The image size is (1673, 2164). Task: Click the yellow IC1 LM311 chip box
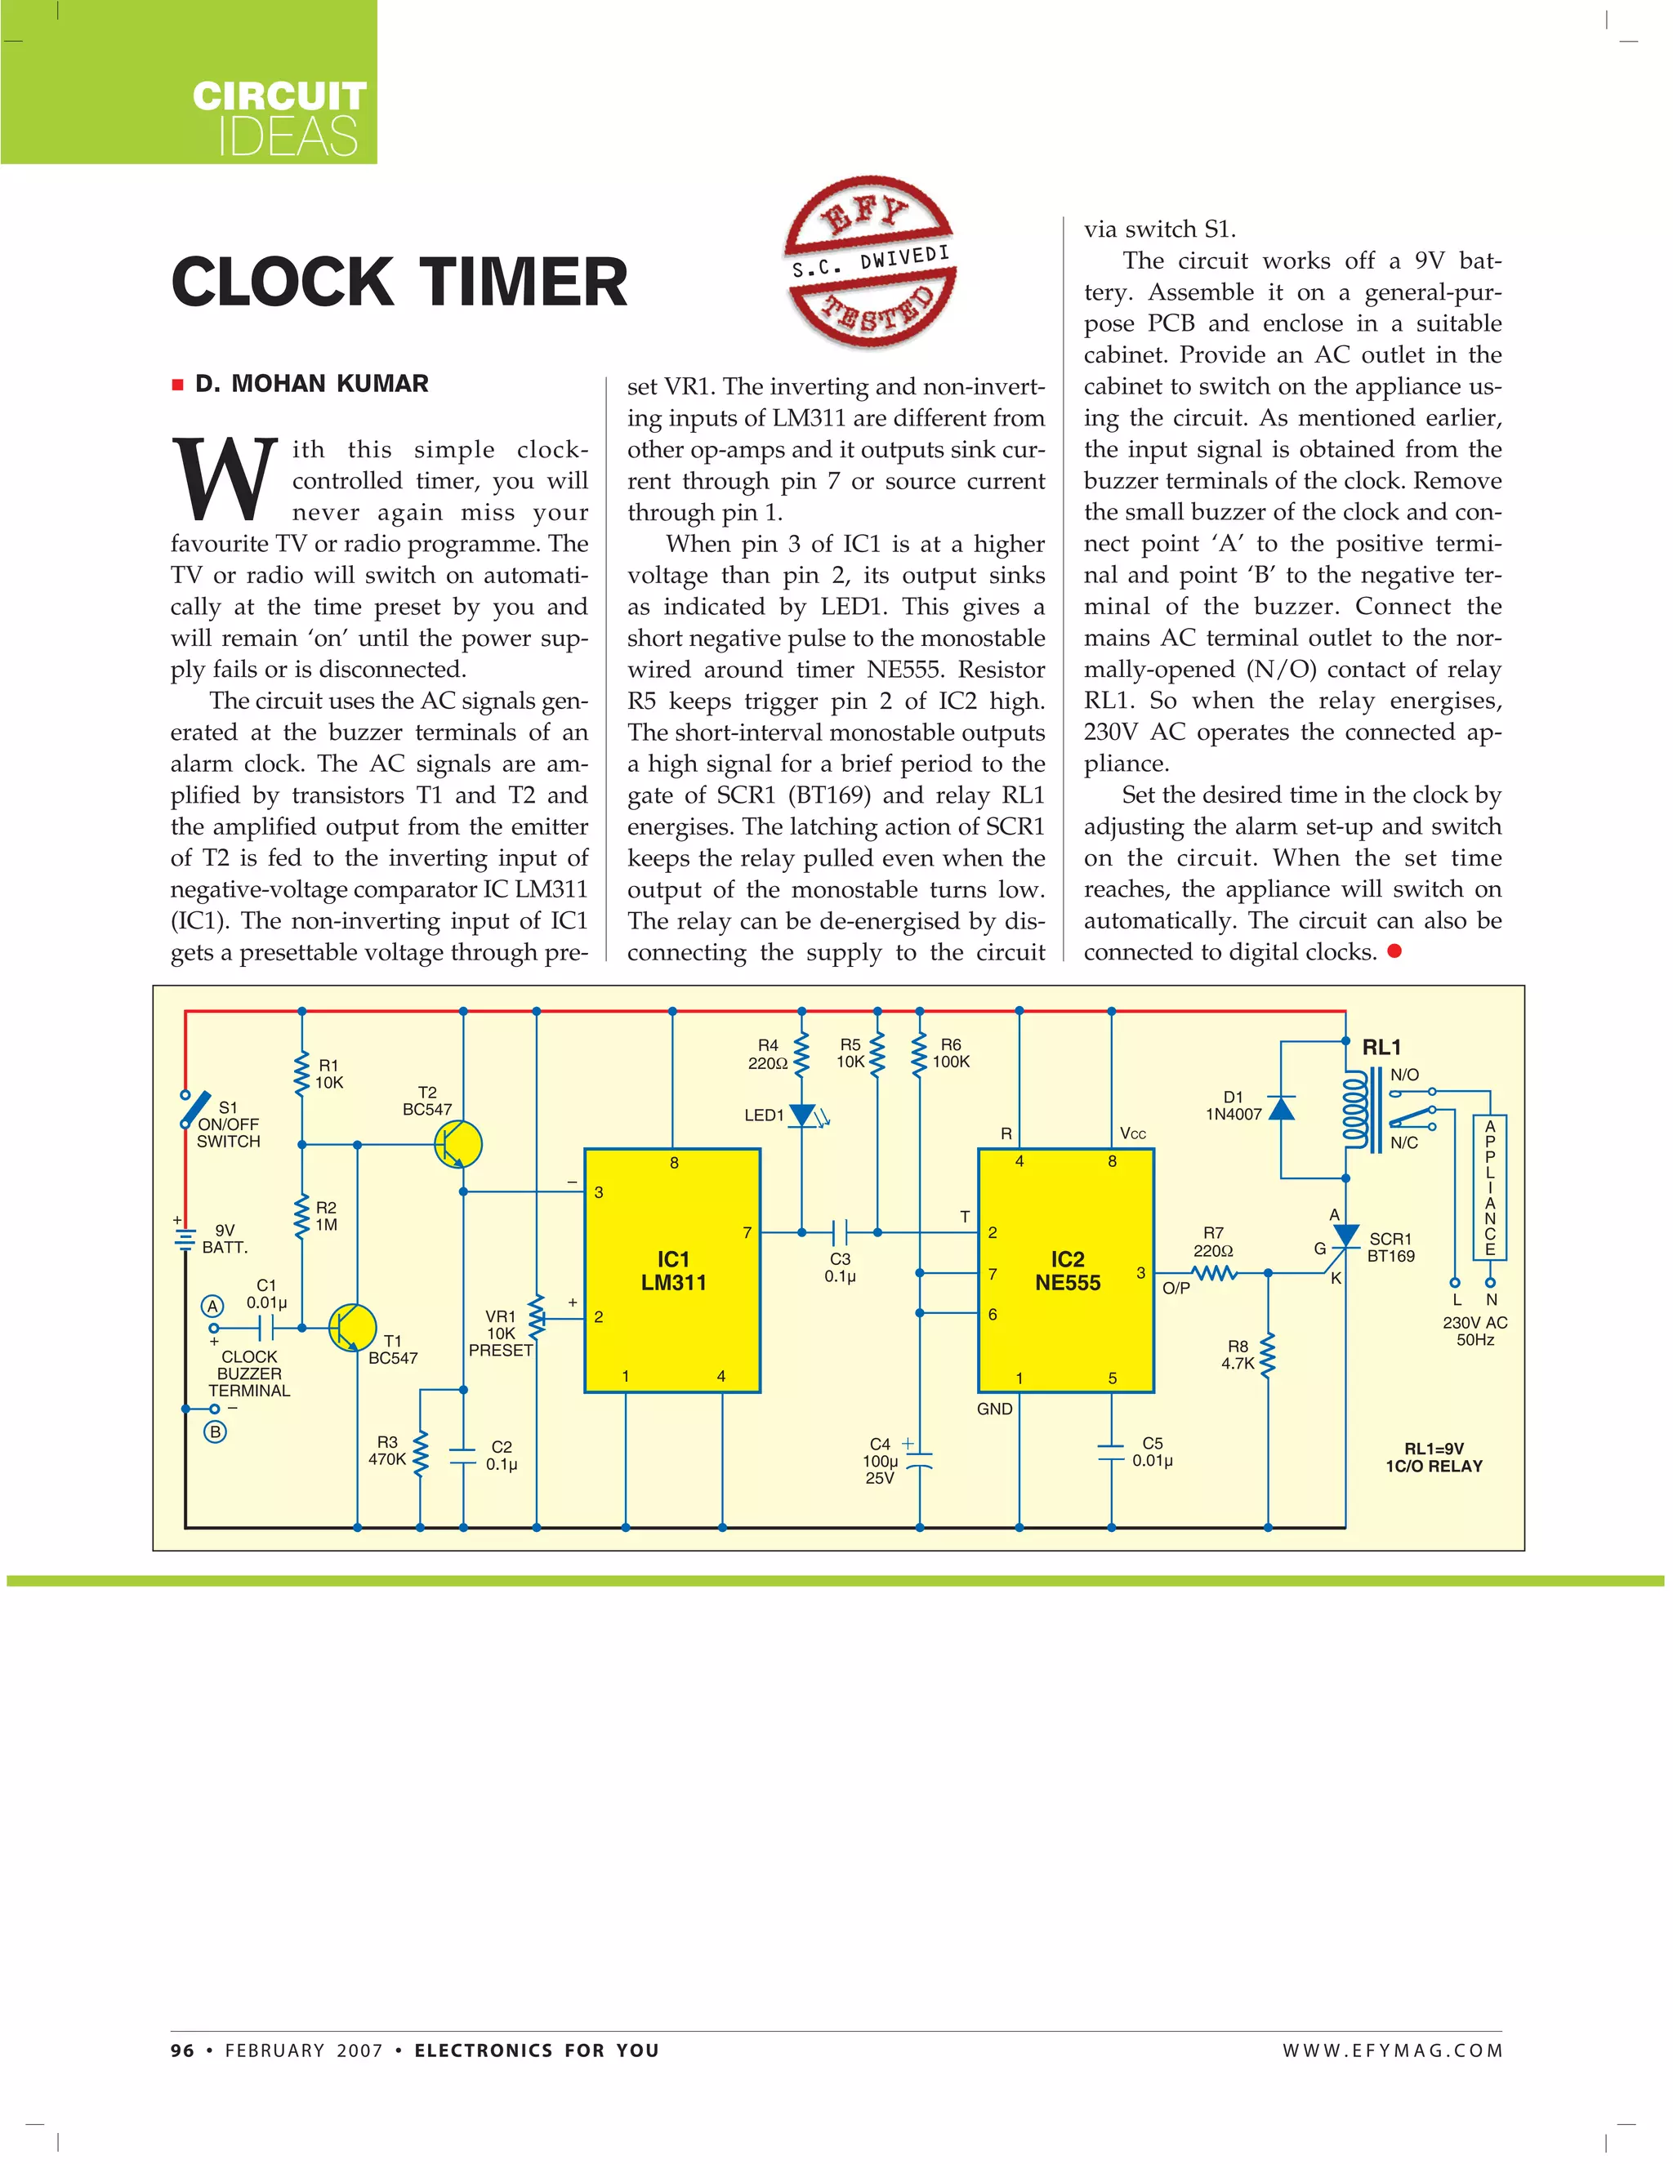coord(672,1271)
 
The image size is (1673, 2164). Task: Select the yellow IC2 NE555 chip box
coord(1065,1271)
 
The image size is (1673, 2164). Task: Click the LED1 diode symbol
coord(803,1115)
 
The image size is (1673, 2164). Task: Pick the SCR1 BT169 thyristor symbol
coord(1345,1236)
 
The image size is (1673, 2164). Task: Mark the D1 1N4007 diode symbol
coord(1282,1108)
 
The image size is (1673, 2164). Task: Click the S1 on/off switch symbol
coord(195,1110)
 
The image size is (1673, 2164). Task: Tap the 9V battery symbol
coord(185,1239)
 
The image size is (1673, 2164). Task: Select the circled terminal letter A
coord(212,1306)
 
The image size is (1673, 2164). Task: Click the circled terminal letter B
coord(215,1432)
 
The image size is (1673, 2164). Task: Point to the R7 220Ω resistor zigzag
coord(1214,1273)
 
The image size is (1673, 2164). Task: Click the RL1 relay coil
coord(1354,1110)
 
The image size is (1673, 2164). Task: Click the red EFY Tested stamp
coord(870,260)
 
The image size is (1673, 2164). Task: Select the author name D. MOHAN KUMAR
coord(311,384)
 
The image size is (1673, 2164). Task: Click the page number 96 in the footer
coord(182,2050)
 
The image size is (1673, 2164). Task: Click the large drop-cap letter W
coord(225,479)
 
